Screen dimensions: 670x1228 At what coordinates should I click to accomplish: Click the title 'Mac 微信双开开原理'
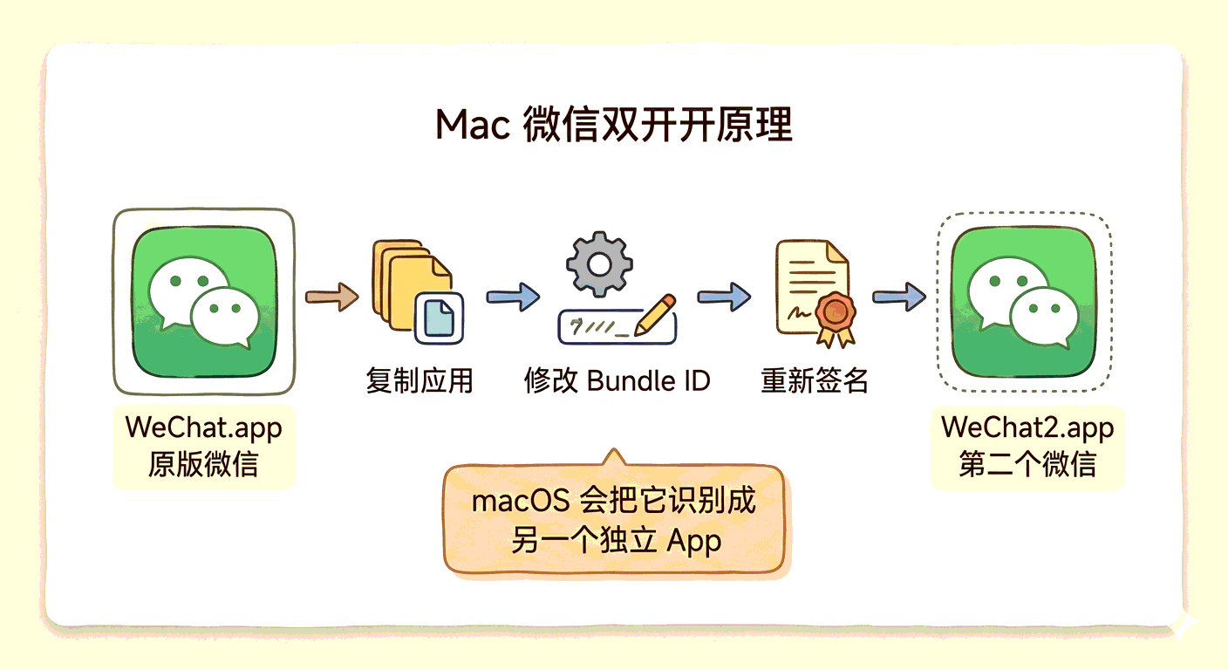(x=614, y=126)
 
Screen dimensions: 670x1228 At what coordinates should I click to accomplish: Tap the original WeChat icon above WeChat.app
(x=204, y=302)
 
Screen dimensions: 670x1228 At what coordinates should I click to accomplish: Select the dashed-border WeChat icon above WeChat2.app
(x=1024, y=302)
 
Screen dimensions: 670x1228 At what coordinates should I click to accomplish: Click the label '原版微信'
(x=204, y=463)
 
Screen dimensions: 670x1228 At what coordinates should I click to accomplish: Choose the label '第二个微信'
(x=1027, y=463)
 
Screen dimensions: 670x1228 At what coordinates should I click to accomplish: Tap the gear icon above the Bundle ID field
(x=599, y=263)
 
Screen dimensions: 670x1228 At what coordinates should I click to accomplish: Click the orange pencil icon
(x=656, y=314)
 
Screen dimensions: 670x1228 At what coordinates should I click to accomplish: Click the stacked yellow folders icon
(x=406, y=279)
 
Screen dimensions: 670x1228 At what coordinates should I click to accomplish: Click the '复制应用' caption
(x=420, y=381)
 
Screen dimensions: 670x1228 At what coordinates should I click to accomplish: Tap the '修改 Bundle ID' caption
(x=617, y=381)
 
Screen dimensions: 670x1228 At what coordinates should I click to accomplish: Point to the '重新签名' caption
(x=815, y=381)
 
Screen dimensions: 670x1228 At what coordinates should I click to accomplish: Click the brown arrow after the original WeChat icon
(x=331, y=297)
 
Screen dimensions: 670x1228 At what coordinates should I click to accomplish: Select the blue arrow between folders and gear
(x=513, y=297)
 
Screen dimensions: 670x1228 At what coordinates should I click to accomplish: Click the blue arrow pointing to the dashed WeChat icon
(x=898, y=297)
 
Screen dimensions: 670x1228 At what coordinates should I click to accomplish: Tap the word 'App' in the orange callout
(x=694, y=541)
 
